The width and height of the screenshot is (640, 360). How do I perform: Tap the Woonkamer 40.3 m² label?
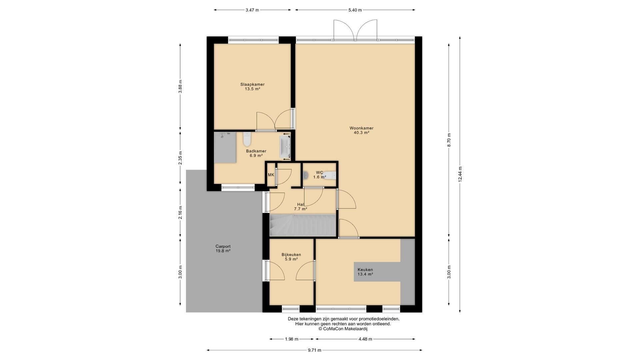pos(361,130)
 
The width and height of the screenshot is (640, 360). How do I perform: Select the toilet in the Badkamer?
pos(247,139)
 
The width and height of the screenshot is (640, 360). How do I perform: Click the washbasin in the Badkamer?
pos(285,147)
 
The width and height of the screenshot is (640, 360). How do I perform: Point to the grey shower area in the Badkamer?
pos(225,147)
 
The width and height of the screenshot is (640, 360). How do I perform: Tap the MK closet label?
pos(271,175)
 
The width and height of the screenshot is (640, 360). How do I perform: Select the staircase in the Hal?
pos(302,225)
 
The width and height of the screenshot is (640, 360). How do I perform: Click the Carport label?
pos(223,246)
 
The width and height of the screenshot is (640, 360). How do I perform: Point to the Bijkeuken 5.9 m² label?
pos(291,257)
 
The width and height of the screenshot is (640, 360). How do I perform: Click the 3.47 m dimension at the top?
pos(252,10)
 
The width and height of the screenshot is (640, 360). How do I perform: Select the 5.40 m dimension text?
pos(355,10)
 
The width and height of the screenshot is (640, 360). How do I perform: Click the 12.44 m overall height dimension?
pos(460,174)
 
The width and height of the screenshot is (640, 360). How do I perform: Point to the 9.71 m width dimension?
pos(314,350)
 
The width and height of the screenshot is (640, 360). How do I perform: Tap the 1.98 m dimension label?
pos(292,339)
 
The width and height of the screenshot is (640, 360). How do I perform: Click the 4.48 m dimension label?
pos(365,339)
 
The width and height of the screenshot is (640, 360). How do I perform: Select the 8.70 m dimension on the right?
pos(449,140)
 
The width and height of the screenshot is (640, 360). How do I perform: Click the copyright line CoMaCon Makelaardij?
pos(343,329)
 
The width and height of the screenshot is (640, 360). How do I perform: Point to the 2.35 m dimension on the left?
pos(180,158)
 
